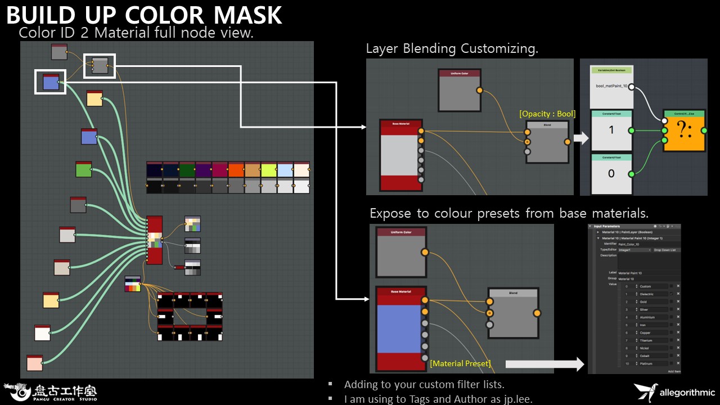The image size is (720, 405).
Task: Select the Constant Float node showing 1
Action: click(x=611, y=130)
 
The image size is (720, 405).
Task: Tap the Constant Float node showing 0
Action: click(x=611, y=174)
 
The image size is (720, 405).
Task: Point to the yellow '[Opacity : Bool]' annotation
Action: click(x=547, y=114)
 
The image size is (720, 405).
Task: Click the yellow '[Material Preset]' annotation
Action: click(x=460, y=363)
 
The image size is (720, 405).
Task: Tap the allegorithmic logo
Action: click(x=674, y=391)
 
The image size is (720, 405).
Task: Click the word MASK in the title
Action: click(x=242, y=15)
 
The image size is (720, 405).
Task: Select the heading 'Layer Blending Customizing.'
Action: click(x=452, y=48)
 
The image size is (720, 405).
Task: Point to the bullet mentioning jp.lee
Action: click(x=438, y=399)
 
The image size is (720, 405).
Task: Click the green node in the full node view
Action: click(x=83, y=169)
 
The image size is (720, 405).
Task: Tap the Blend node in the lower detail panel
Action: click(x=512, y=313)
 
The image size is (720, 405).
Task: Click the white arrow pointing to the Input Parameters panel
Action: click(x=544, y=364)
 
